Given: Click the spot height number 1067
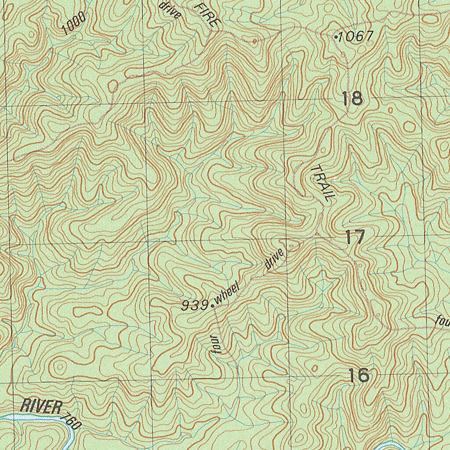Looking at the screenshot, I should [356, 36].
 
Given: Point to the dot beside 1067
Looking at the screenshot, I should [336, 37].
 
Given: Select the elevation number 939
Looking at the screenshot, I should [195, 305].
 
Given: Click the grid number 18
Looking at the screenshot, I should [352, 98].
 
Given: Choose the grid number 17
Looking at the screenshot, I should [355, 238].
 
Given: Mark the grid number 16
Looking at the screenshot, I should [359, 376].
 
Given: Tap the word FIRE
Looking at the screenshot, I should [205, 15].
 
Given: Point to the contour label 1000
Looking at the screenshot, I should [74, 23].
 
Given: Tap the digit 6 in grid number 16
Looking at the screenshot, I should [363, 376].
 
